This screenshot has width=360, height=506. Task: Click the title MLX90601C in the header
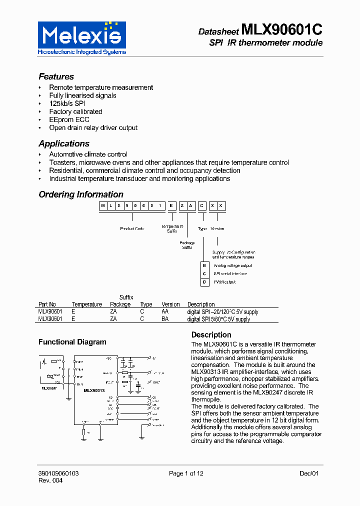281,30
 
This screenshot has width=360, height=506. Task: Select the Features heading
56,76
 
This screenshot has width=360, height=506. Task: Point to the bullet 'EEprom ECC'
69,119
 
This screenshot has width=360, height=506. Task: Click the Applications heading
64,143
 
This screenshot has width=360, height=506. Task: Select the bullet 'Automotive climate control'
88,154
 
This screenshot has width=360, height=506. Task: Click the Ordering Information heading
81,194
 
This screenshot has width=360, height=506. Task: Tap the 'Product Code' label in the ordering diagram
132,228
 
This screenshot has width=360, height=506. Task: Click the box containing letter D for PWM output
204,282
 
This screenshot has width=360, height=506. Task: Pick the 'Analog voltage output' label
232,265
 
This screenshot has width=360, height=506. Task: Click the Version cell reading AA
165,311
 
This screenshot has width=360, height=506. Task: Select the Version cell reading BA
165,319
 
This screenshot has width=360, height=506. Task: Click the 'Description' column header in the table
201,304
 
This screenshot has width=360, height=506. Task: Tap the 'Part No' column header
47,304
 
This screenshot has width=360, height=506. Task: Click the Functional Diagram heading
72,342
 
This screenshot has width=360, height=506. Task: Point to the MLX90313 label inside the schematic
94,390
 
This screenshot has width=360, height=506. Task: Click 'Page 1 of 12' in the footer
186,473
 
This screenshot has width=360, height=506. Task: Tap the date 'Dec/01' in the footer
309,473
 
